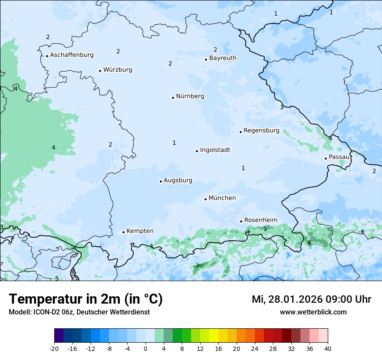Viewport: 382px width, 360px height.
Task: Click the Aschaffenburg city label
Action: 72,55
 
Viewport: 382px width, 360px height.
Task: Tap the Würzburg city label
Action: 118,70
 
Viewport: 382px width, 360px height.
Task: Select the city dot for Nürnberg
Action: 173,98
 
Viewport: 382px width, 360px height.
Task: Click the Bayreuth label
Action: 223,58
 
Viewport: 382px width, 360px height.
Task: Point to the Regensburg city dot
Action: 240,132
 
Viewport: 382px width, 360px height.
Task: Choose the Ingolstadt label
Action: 215,150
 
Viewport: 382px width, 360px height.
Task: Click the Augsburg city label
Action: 178,180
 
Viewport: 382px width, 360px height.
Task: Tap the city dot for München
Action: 205,199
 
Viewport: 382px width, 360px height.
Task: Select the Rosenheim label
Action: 260,220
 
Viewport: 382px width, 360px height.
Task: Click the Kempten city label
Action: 140,231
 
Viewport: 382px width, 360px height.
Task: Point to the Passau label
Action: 339,157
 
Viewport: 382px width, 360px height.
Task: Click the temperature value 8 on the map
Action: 309,242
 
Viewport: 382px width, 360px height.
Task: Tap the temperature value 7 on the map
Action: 198,266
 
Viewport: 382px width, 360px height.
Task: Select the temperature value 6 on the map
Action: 362,232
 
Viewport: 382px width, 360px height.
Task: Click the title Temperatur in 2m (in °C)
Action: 86,299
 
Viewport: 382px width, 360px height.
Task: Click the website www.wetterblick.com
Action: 313,312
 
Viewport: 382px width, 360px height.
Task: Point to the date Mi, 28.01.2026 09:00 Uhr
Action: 311,299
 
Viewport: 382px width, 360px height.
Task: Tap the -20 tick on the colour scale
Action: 54,348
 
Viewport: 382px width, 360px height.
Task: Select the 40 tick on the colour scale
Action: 328,348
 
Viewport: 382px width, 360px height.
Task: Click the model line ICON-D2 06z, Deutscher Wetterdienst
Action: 79,312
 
